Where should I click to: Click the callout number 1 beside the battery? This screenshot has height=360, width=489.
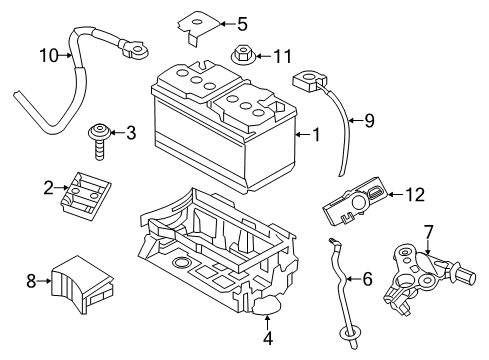(x=318, y=135)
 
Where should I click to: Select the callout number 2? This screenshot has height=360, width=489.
(x=48, y=186)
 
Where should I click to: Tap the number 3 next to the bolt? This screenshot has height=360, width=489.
(x=130, y=132)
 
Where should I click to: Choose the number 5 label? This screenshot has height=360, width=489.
(x=241, y=22)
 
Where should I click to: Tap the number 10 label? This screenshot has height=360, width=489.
(x=49, y=57)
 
